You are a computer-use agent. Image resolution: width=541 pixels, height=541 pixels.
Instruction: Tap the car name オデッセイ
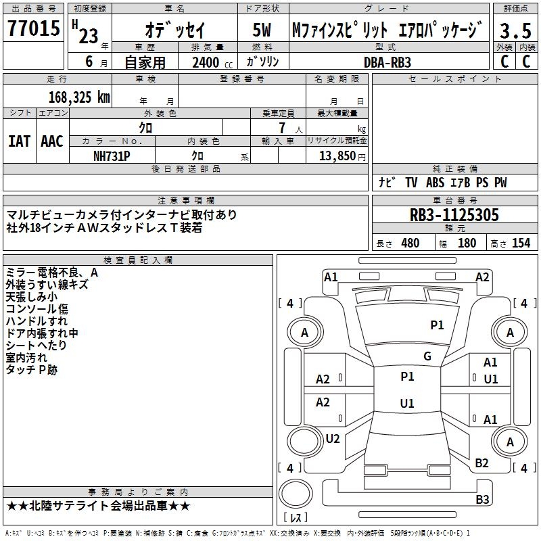[x=175, y=30]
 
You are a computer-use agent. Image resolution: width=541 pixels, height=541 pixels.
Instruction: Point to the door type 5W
[x=262, y=30]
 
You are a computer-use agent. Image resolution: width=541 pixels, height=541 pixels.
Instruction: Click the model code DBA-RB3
[x=387, y=62]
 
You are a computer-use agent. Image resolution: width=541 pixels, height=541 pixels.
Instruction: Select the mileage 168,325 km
[x=79, y=97]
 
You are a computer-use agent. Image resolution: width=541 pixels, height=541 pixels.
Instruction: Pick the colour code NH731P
[x=112, y=156]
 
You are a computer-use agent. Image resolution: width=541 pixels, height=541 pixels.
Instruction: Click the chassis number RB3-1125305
[x=454, y=215]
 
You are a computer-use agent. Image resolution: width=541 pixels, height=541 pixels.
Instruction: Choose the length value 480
[x=410, y=243]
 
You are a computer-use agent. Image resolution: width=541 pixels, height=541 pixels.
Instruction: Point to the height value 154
[x=521, y=243]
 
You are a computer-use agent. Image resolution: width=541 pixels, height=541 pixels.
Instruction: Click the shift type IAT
[x=19, y=141]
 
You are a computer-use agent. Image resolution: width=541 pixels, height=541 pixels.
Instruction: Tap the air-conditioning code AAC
[x=51, y=141]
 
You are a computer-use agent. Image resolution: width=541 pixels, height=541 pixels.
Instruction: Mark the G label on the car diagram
[x=427, y=356]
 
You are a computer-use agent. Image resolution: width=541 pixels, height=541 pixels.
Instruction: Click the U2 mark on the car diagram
[x=333, y=439]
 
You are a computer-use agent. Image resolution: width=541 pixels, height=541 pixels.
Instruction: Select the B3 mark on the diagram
[x=482, y=499]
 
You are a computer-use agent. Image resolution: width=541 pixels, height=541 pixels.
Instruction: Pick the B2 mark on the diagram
[x=482, y=463]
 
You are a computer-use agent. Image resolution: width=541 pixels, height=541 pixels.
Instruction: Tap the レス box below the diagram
[x=296, y=518]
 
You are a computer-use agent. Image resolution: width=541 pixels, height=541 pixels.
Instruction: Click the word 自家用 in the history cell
[x=145, y=62]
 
